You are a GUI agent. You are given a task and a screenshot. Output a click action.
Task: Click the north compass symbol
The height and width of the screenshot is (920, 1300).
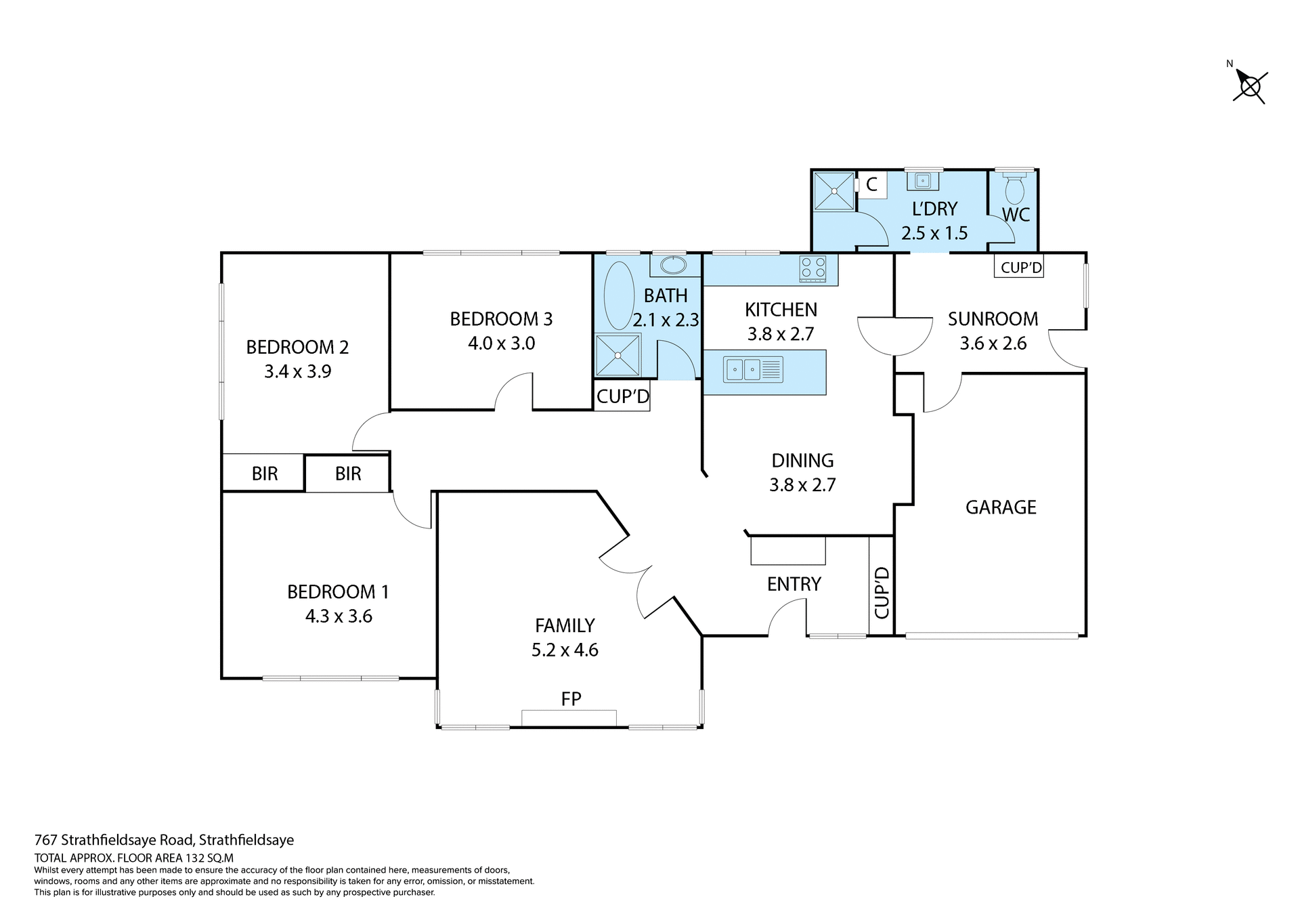[1250, 87]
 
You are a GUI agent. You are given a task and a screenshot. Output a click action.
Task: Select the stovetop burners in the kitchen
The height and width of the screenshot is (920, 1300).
[812, 268]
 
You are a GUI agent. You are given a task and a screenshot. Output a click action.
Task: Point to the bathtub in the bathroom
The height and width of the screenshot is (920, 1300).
[618, 296]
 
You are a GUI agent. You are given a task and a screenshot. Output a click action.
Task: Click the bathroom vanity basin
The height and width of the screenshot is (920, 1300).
[672, 265]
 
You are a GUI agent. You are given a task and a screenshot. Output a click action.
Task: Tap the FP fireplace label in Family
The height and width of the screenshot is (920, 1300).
[571, 698]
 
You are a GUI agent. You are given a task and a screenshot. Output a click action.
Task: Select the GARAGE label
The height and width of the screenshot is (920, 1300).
[1000, 507]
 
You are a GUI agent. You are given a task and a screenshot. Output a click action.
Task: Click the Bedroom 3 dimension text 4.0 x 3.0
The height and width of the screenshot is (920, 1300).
[501, 343]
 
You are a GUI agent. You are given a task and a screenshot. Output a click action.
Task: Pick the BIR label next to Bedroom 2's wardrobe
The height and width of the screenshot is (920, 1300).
[265, 474]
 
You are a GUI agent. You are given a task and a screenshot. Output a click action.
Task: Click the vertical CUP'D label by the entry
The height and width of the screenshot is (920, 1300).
[881, 593]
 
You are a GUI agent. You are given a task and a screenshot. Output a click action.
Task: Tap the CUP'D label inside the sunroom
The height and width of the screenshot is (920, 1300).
[1020, 268]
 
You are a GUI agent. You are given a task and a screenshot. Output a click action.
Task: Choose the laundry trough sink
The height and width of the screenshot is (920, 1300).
[922, 181]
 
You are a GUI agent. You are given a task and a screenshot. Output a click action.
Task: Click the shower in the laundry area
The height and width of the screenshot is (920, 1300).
[833, 192]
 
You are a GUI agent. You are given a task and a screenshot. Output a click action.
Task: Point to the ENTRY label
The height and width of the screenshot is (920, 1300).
[794, 584]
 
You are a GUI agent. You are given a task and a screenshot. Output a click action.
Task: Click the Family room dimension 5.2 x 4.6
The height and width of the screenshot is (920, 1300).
[565, 650]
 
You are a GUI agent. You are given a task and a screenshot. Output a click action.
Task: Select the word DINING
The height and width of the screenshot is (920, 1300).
[802, 461]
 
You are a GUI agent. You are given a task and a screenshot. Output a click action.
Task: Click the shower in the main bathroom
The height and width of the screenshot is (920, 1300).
[617, 355]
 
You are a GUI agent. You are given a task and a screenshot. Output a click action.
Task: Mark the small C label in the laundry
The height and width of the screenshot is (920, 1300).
[871, 184]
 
